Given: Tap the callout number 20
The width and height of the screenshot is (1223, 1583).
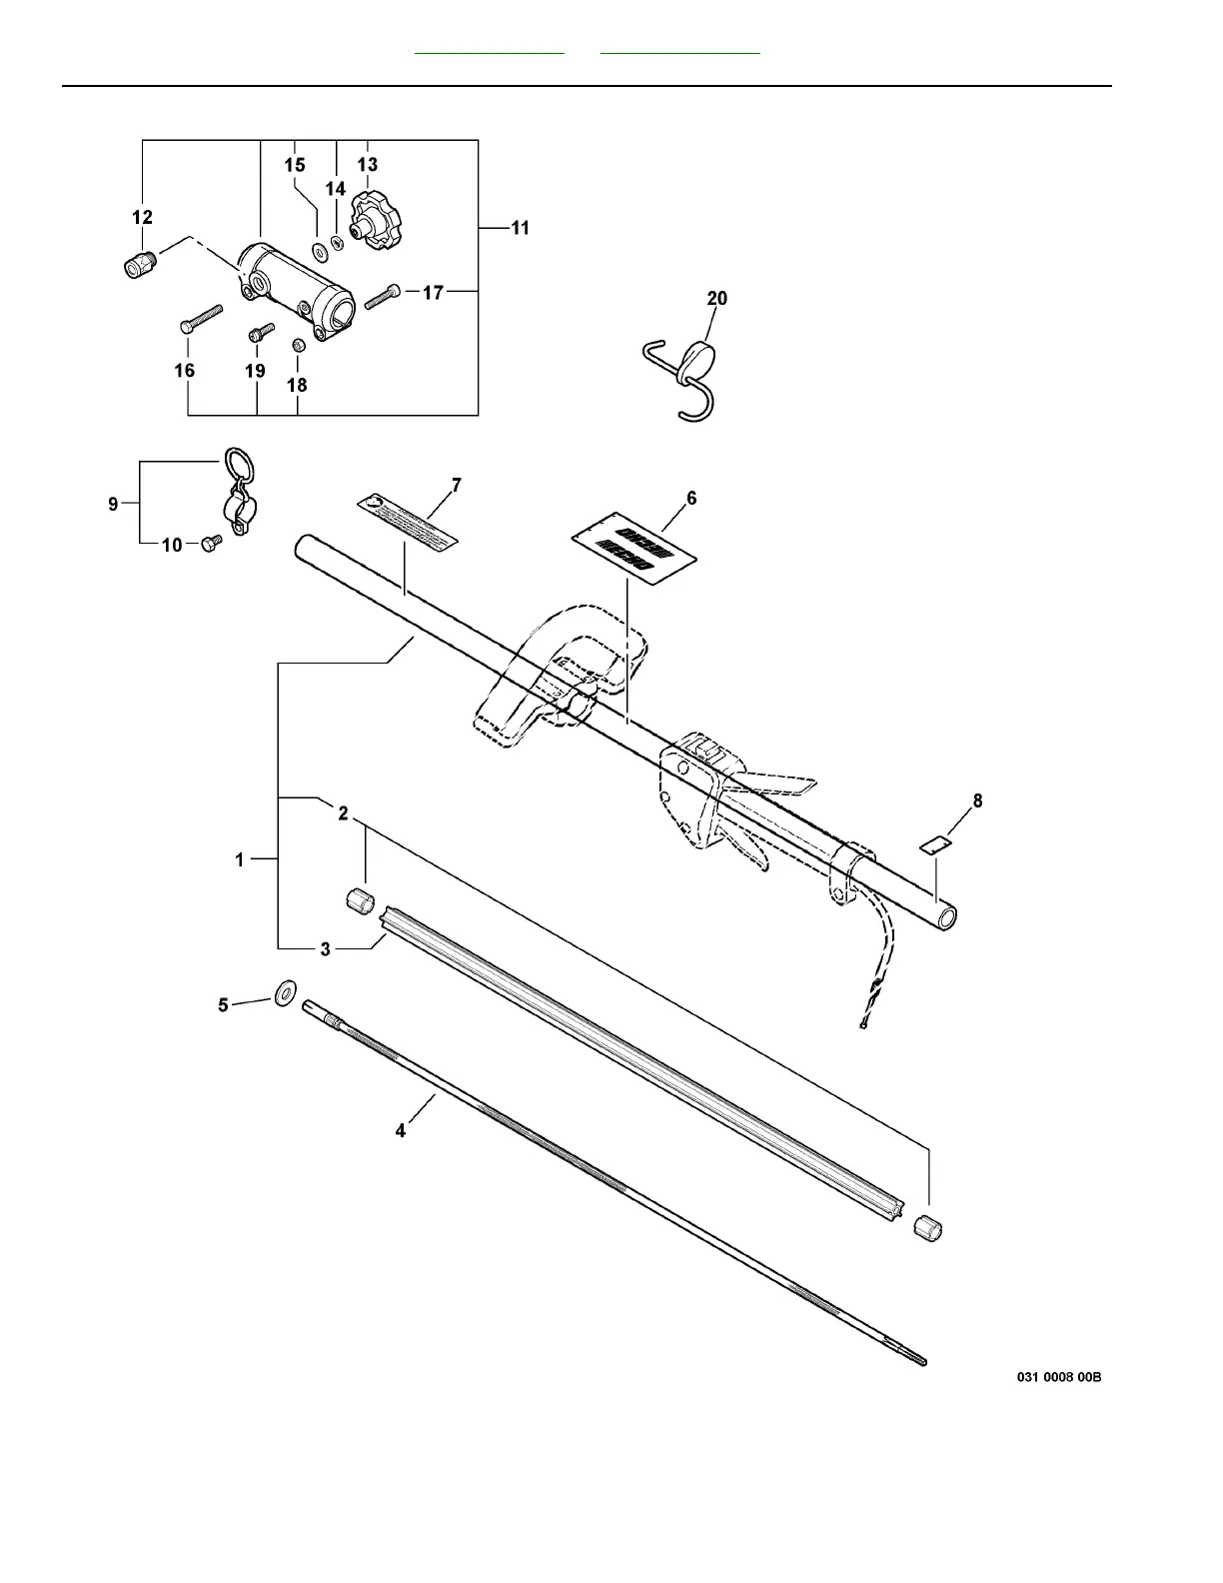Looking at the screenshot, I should click(x=716, y=298).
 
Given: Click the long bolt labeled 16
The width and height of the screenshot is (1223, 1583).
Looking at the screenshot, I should click(x=202, y=320).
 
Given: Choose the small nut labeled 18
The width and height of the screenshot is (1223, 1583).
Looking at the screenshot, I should click(x=297, y=345).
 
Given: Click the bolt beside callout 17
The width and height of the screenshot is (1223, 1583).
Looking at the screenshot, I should click(x=383, y=296).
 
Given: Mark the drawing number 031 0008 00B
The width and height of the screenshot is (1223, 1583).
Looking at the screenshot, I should click(x=1059, y=1376).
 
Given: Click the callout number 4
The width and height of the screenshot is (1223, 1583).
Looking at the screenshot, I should click(x=401, y=1130).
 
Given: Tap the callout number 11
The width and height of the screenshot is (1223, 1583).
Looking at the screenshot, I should click(x=520, y=228).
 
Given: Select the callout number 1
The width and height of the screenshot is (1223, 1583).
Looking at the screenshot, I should click(x=239, y=859).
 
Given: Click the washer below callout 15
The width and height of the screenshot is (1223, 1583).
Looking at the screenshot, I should click(x=318, y=246).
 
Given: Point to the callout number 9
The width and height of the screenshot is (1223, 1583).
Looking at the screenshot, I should click(x=113, y=504).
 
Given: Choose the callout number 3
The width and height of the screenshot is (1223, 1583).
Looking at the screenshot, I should click(x=325, y=948).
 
